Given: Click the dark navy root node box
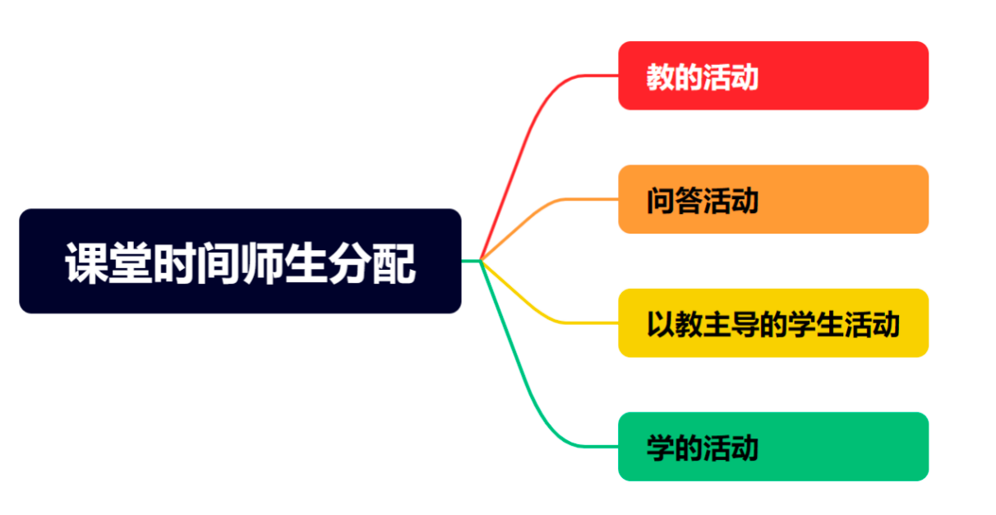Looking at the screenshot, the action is [240, 261].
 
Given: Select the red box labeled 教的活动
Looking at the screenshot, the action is [773, 76].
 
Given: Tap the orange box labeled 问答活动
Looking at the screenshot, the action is [773, 199].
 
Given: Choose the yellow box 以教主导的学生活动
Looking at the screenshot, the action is [773, 323].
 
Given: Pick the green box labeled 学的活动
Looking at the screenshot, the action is [773, 447].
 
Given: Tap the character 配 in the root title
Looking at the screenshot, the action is [394, 263].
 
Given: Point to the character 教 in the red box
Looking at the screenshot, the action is [660, 77].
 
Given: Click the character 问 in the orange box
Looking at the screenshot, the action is [660, 201].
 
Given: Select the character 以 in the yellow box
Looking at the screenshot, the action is [660, 324].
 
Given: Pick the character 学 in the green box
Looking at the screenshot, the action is [660, 448].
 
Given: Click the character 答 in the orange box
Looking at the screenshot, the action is [689, 201].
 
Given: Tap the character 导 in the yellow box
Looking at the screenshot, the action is [745, 324].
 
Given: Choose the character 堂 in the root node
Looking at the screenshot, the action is [131, 263].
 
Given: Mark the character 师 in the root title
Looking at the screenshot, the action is [262, 263].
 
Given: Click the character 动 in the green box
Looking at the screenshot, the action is [745, 448].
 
